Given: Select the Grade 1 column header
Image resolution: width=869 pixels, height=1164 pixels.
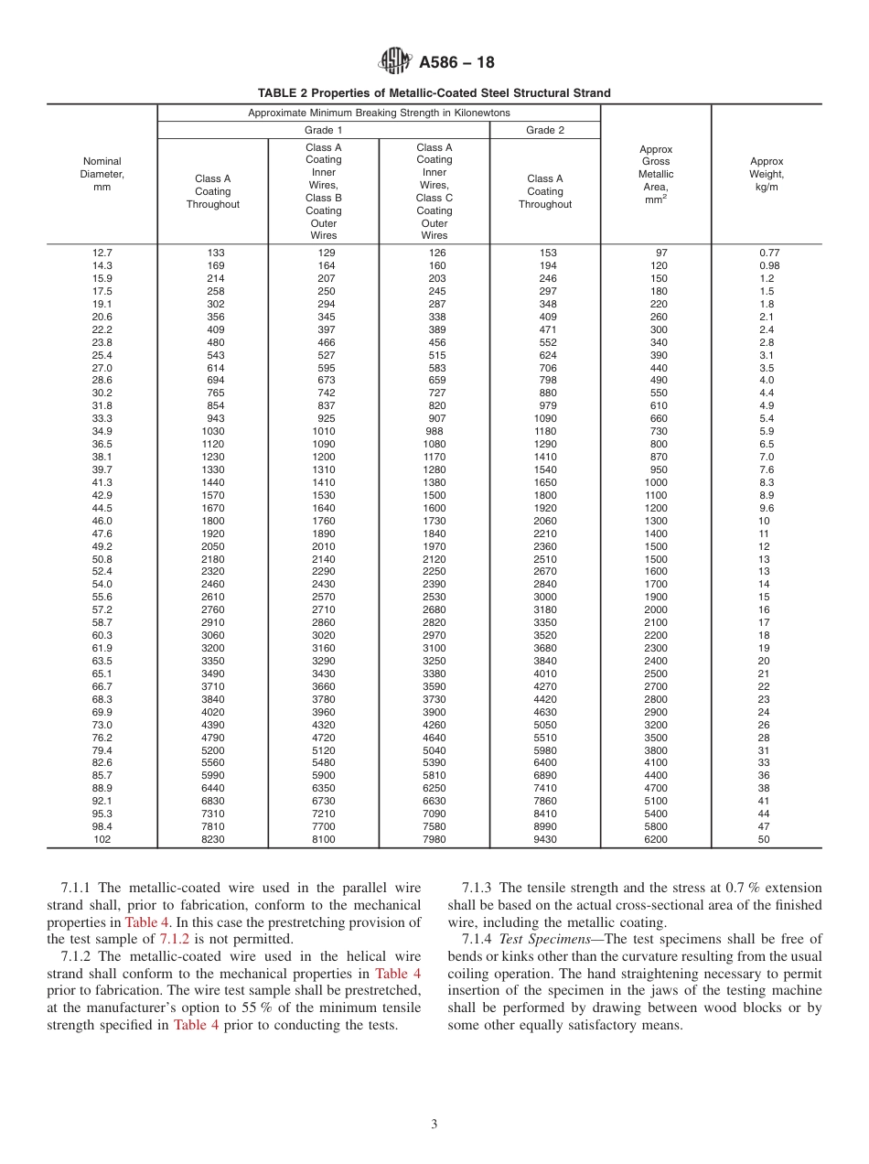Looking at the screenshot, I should click(x=324, y=130).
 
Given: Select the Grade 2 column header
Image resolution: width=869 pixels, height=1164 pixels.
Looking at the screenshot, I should click(x=545, y=130).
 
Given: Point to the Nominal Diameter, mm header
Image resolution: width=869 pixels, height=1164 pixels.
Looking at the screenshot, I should click(x=102, y=174).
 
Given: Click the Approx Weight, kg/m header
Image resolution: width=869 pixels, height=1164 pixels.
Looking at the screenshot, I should click(x=767, y=174).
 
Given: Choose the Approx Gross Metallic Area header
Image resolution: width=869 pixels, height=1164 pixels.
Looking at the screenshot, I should click(x=656, y=174).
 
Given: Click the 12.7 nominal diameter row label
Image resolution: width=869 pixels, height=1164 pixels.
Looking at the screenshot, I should click(x=102, y=253).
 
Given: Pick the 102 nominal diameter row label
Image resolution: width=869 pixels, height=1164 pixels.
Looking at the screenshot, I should click(x=102, y=839).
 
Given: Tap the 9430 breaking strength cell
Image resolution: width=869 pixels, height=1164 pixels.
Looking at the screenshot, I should click(x=545, y=839).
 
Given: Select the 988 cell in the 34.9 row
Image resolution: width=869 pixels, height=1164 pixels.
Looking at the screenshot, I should click(x=434, y=431).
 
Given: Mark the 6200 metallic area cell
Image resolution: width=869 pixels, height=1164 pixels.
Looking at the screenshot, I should click(x=656, y=839).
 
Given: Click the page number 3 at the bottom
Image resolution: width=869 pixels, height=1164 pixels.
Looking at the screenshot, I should click(x=434, y=1125).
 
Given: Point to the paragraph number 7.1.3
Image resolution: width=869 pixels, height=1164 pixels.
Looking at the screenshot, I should click(x=477, y=888).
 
